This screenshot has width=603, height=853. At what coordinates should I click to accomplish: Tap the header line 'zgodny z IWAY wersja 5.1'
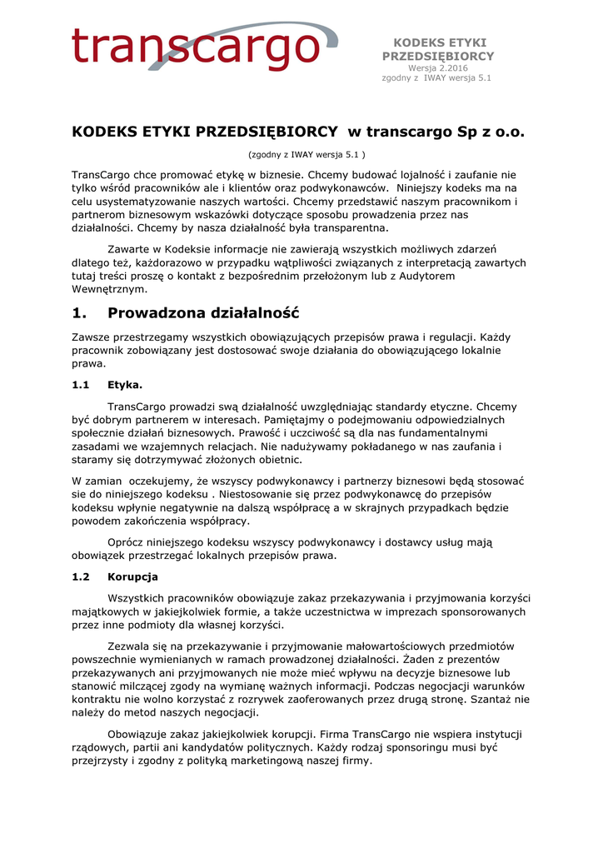437,78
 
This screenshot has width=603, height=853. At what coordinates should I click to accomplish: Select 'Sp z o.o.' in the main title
487,132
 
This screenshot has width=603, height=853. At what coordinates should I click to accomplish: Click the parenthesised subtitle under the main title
307,155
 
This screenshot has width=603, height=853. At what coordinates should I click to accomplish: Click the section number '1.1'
81,385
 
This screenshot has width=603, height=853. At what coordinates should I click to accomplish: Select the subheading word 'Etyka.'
125,385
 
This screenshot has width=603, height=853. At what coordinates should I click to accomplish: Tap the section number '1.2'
81,576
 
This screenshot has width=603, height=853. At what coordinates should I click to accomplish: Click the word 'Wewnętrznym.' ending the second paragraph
109,289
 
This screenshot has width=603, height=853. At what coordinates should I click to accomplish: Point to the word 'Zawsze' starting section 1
90,337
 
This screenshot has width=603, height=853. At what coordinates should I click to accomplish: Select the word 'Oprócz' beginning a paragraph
126,542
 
